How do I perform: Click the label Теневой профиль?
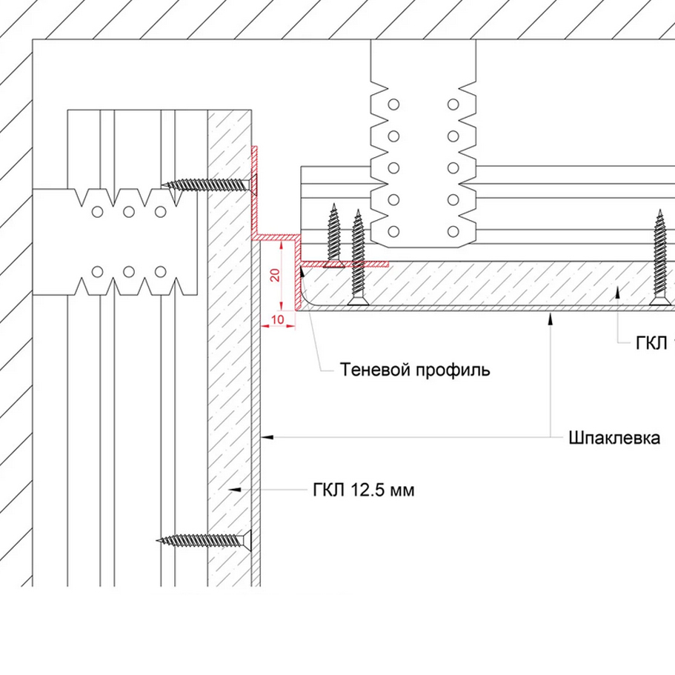coord(415,369)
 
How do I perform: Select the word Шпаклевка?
coord(615,437)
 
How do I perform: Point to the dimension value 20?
coord(274,276)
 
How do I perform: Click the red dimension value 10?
coord(278,319)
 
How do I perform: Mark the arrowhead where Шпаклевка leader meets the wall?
coord(268,437)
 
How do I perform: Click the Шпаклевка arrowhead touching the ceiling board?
coord(549,317)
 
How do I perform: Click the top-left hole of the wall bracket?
coord(96,212)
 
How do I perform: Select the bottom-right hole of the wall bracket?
coord(160,271)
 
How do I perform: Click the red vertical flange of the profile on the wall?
coord(254,189)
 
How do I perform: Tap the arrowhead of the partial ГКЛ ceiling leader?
coord(619,293)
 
